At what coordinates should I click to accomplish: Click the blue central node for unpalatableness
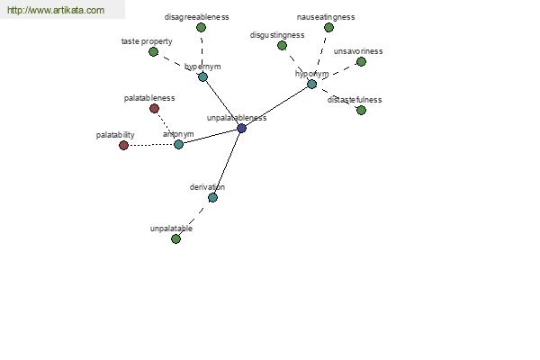[x=242, y=129]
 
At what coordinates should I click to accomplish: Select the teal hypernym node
[x=202, y=76]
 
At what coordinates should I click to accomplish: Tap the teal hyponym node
[x=311, y=84]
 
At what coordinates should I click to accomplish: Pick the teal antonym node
[x=178, y=144]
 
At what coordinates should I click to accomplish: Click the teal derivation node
[x=212, y=197]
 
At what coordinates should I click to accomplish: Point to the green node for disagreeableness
[x=201, y=28]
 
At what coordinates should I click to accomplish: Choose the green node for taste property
[x=154, y=52]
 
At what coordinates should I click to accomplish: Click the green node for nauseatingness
[x=328, y=28]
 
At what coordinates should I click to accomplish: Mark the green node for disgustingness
[x=282, y=46]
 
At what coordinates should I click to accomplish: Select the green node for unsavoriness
[x=361, y=62]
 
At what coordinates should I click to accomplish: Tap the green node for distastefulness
[x=361, y=110]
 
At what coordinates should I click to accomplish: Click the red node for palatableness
[x=154, y=109]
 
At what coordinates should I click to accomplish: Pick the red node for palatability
[x=123, y=146]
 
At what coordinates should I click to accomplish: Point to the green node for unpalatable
[x=176, y=238]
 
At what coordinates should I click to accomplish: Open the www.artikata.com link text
[x=56, y=10]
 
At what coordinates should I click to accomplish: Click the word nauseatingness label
[x=326, y=17]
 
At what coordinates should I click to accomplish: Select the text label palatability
[x=115, y=135]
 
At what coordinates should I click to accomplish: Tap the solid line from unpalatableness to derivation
[x=228, y=163]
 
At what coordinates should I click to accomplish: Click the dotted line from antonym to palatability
[x=151, y=145]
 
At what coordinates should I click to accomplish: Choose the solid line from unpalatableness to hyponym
[x=277, y=106]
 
